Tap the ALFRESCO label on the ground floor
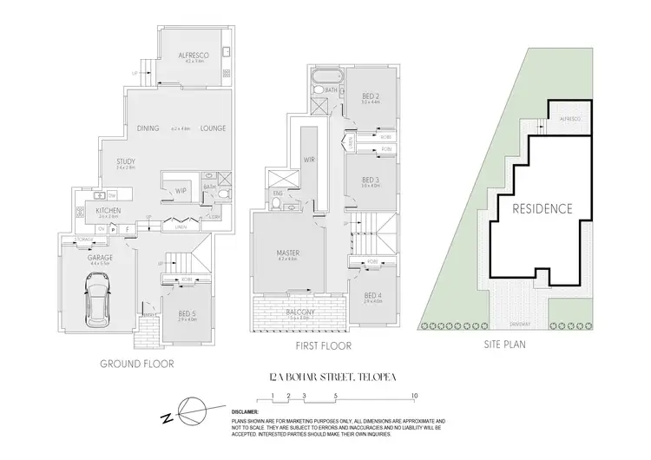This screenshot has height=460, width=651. pos(191,55)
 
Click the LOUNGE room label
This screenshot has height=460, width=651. pos(213,128)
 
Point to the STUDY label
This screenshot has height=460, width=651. pos(127,161)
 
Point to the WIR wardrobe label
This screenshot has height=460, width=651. pos(307,160)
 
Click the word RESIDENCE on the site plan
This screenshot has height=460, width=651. pos(541,209)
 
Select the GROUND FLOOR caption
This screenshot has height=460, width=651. pos(136,365)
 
